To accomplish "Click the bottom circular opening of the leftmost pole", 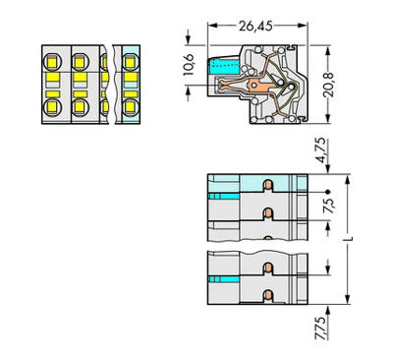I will click(53, 108).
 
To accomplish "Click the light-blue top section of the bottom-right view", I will click(255, 183).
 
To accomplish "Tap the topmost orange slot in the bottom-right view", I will click(268, 183).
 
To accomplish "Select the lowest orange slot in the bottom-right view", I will click(268, 292).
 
